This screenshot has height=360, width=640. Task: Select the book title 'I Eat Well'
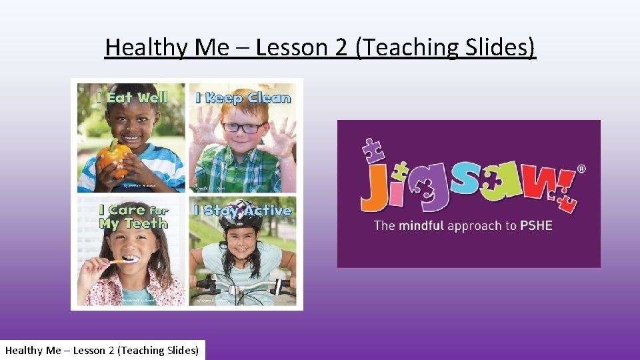tap(131, 97)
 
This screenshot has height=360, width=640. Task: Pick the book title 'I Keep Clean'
tap(243, 98)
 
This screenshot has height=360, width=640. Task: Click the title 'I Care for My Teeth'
tap(131, 217)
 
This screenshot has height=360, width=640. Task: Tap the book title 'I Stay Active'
tap(243, 211)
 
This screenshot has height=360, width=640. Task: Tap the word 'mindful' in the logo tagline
tap(421, 225)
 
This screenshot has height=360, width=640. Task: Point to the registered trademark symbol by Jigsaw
tap(581, 169)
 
